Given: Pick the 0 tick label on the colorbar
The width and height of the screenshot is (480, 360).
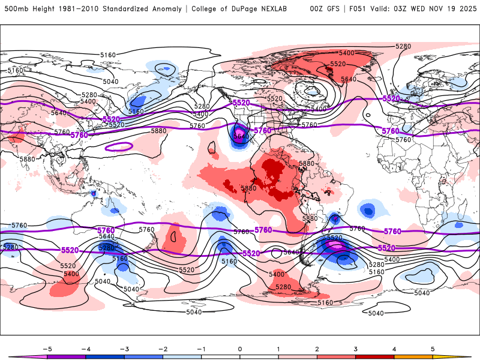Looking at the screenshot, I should click(x=240, y=349).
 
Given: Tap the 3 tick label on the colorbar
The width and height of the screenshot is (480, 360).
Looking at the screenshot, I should click(x=356, y=349).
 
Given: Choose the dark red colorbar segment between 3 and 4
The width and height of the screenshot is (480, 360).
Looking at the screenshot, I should click(x=375, y=357).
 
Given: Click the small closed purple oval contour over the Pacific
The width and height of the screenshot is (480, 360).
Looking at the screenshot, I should click(x=119, y=146).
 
